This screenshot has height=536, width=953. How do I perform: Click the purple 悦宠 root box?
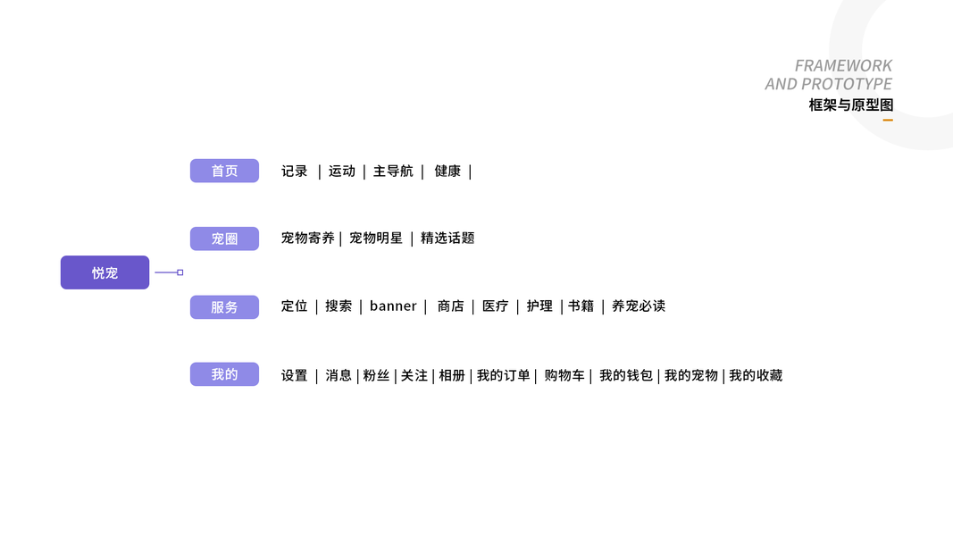point(104,272)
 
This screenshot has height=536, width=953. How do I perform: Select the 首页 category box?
point(224,171)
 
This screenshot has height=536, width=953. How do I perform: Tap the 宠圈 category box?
point(224,239)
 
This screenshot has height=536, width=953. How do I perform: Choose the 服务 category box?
point(224,306)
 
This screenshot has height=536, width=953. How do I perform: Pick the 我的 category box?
point(224,374)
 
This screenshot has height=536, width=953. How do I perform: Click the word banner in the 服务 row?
point(393,306)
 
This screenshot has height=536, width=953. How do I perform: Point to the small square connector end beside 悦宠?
point(180,272)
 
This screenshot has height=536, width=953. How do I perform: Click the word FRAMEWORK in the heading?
point(843,65)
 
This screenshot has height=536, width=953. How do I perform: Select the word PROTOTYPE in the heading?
point(847,84)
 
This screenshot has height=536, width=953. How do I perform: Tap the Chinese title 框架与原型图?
point(850,105)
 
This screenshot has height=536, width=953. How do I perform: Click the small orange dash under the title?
point(888,120)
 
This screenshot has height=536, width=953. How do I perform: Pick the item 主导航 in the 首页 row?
point(393,171)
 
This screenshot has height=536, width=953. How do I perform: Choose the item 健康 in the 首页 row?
point(447,171)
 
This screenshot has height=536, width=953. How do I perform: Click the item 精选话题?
point(447,238)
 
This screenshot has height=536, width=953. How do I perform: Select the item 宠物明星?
point(376,238)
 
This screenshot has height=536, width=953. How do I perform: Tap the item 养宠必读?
point(639,306)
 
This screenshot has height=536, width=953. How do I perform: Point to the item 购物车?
point(564,375)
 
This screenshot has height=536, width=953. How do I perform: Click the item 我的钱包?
point(626,375)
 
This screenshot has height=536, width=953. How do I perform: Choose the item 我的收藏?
point(756,375)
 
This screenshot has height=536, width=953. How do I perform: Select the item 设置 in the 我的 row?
point(294,375)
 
